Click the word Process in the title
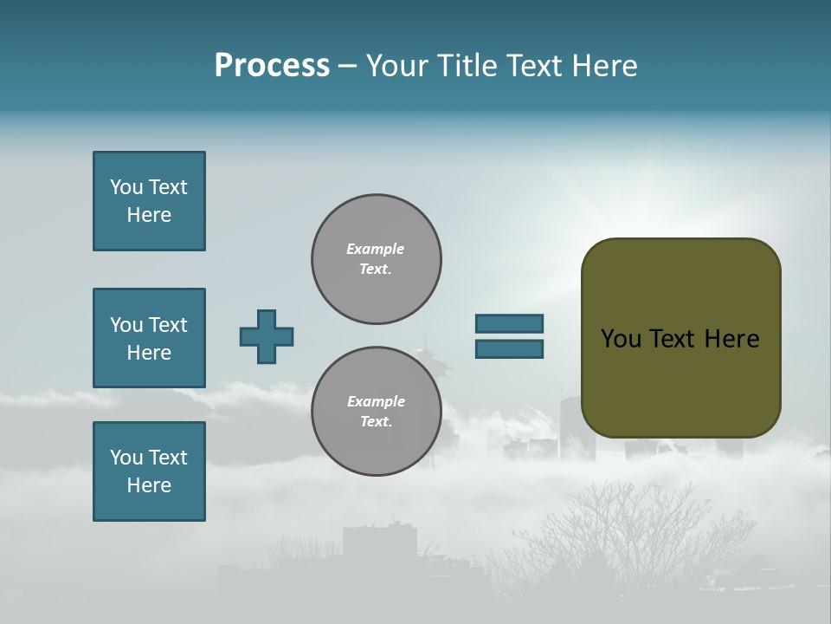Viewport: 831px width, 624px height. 272,66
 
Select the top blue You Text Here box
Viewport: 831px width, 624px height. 149,201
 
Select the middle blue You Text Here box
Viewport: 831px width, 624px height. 149,338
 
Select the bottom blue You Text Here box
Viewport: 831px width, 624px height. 149,471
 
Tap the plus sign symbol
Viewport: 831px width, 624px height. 267,336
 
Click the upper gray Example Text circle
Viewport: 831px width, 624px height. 377,259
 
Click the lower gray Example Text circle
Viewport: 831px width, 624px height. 377,412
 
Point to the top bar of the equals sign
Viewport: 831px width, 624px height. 509,323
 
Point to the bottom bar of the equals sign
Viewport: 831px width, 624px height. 509,349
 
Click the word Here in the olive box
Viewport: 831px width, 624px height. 731,339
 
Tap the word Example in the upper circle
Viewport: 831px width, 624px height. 375,249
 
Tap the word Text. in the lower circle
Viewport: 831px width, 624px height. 376,422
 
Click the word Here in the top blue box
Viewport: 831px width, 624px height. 149,215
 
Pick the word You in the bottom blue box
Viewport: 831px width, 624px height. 126,458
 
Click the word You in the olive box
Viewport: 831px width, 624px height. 621,339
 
